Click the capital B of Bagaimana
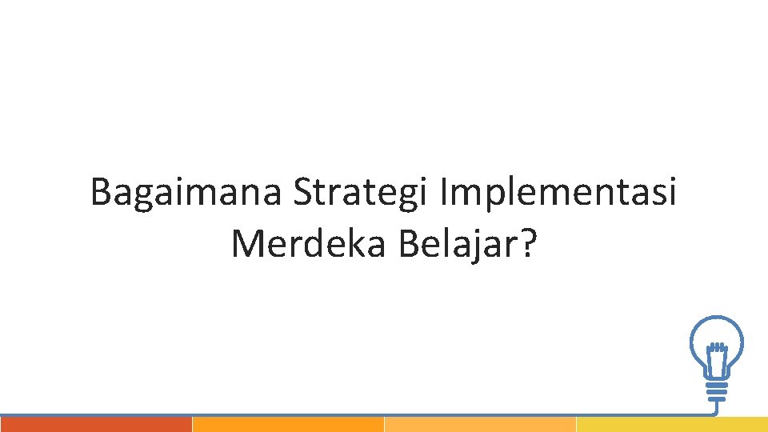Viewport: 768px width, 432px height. pos(100,194)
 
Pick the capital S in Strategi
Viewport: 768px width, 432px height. pos(302,194)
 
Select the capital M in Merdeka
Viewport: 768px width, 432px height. pos(246,243)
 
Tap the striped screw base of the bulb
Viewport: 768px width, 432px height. pos(718,390)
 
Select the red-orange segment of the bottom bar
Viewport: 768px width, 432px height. pos(96,425)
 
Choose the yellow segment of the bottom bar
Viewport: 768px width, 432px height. pos(672,425)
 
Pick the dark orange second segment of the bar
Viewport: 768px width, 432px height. pos(288,425)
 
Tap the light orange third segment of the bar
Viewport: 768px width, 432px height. pos(480,425)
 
